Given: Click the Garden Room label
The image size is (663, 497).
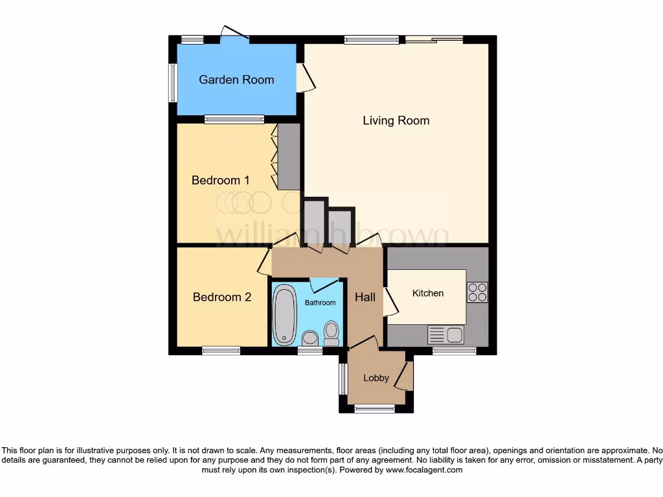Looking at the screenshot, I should [236, 80].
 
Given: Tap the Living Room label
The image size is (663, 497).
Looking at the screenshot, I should [396, 120].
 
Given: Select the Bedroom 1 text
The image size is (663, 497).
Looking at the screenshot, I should [220, 180].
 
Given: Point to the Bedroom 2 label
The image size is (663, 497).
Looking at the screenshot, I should [221, 297].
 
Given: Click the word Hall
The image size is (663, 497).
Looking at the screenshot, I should [365, 297].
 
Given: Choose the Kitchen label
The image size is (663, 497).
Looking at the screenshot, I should [428, 293].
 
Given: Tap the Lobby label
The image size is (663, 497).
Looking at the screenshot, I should [376, 378].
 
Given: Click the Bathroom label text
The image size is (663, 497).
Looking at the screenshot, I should [320, 303].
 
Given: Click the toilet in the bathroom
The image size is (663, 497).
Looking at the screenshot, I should [331, 333].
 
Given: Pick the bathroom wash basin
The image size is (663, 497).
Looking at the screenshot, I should [310, 338].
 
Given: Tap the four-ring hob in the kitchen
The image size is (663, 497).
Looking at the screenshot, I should [477, 293].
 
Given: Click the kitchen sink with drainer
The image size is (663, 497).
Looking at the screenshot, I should [445, 335].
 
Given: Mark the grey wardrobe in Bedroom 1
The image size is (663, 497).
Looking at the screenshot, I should [289, 156].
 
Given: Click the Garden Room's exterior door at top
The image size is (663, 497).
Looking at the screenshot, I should [234, 34].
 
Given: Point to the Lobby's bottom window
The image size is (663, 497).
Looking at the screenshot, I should [374, 408].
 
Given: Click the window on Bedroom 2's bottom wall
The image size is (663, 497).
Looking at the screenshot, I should [221, 351].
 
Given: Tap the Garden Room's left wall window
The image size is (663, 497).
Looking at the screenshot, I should [173, 82].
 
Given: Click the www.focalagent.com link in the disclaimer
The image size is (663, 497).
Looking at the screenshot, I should [423, 470].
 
